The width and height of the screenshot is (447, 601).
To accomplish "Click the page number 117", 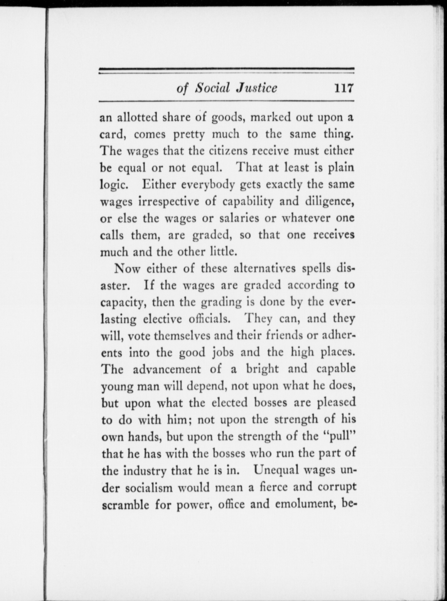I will coord(343,88).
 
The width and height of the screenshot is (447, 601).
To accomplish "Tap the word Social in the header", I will coord(213,88).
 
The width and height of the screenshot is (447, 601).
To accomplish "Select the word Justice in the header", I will coord(257,88).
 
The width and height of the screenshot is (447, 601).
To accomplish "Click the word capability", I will coord(248,202).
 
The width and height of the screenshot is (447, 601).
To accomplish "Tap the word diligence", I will coord(329,202).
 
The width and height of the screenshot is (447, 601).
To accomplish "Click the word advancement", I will coord(167,369).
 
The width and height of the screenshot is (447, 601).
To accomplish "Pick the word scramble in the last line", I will coord(125,504).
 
